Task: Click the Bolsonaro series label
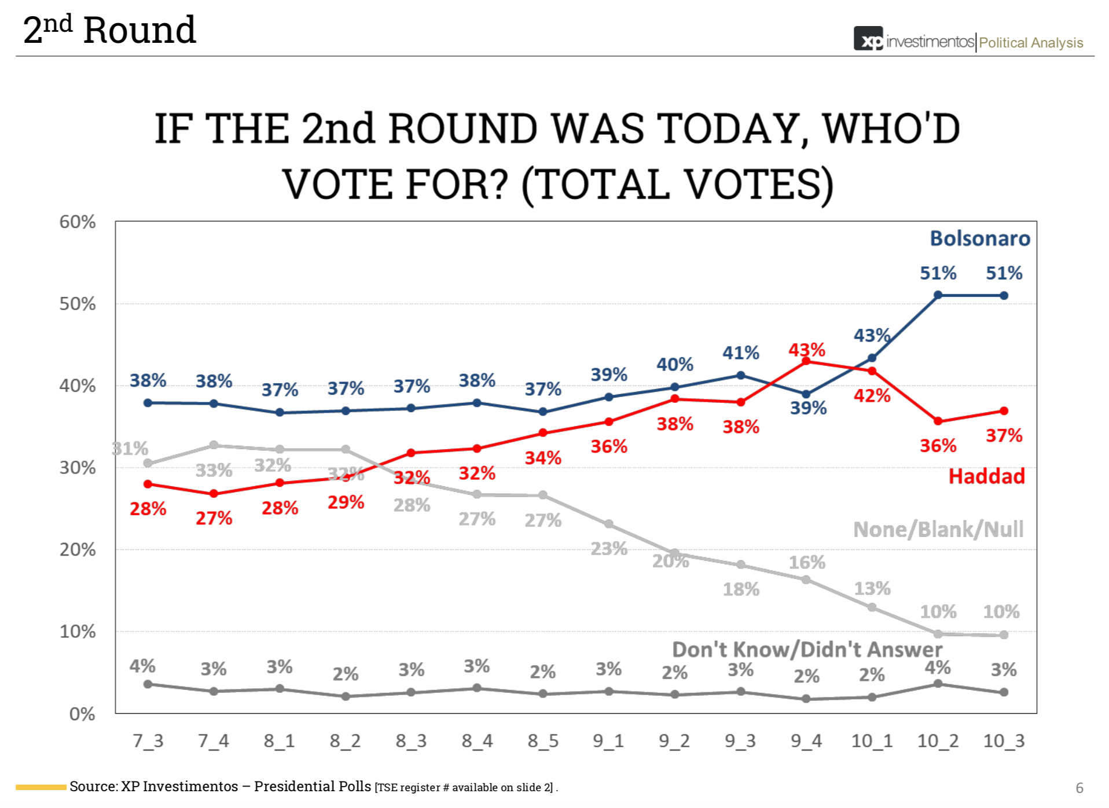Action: [x=979, y=238]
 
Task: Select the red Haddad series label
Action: [x=986, y=476]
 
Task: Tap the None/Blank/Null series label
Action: [x=938, y=529]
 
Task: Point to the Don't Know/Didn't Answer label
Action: [x=807, y=649]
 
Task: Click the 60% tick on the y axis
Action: [x=78, y=222]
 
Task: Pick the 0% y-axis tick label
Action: [x=82, y=714]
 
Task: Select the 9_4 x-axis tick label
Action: [x=806, y=741]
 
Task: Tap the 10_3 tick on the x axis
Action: [x=1004, y=741]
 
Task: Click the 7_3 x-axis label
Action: [x=148, y=741]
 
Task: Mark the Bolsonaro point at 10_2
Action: [x=938, y=295]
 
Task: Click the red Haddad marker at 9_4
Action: [x=806, y=361]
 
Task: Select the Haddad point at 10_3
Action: [x=1004, y=411]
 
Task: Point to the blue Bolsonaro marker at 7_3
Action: [x=148, y=403]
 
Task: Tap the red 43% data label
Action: [x=807, y=350]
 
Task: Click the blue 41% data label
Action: [x=741, y=352]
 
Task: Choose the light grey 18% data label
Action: [x=741, y=589]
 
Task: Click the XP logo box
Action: [x=868, y=38]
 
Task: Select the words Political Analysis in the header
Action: [x=1031, y=43]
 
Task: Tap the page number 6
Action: [x=1079, y=788]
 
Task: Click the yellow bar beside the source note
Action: [x=41, y=787]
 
